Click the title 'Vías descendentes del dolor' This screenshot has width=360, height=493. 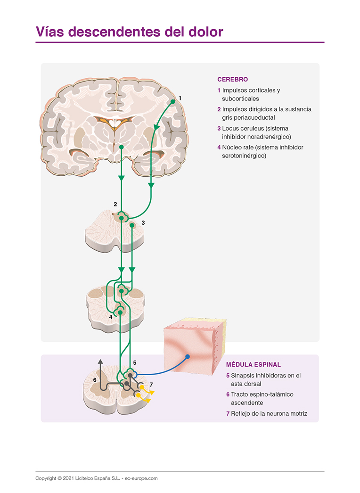coord(129,32)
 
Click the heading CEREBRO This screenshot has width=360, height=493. coord(232,80)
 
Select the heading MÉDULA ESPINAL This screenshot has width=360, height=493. coord(254,364)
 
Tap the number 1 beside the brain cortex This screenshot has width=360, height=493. coord(180,98)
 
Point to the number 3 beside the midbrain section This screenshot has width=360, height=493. coord(143,222)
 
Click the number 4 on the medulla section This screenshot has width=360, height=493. coord(111,317)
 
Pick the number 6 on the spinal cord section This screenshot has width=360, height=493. coord(95,380)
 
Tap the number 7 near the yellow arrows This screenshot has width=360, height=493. coord(151,385)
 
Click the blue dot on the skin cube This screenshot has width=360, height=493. coord(188,357)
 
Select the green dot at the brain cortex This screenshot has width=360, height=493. coord(173,101)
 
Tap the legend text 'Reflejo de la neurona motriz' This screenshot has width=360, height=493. coord(269,414)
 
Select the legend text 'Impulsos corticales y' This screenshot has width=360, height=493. coord(251,90)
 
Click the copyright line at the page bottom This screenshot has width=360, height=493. coord(97,478)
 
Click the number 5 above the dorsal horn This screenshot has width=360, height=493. coord(134,362)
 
